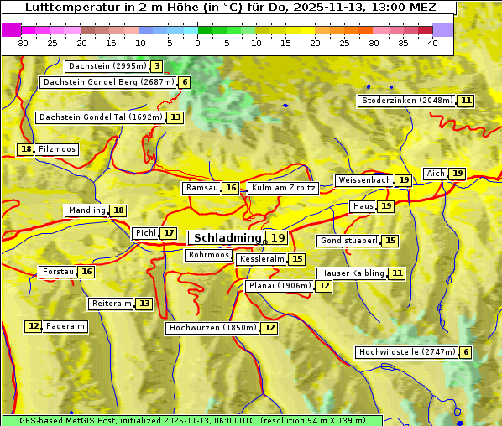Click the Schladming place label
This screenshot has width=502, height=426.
click(227, 238)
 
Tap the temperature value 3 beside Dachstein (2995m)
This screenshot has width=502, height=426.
click(157, 66)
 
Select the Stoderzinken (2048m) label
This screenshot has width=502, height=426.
click(406, 101)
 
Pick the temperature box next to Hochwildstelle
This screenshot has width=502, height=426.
click(466, 353)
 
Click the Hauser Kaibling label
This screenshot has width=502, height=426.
click(352, 273)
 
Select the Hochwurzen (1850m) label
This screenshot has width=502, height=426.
click(212, 328)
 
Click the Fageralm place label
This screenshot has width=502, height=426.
click(65, 326)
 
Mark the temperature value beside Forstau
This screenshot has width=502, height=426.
click(86, 272)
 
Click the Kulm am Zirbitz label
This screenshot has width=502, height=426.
click(283, 188)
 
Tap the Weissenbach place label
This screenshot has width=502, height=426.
click(363, 180)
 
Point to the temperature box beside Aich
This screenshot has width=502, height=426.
click(457, 174)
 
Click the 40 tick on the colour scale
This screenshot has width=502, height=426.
click(432, 43)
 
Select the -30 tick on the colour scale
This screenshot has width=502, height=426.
click(21, 43)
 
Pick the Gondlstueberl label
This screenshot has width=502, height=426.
click(347, 241)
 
